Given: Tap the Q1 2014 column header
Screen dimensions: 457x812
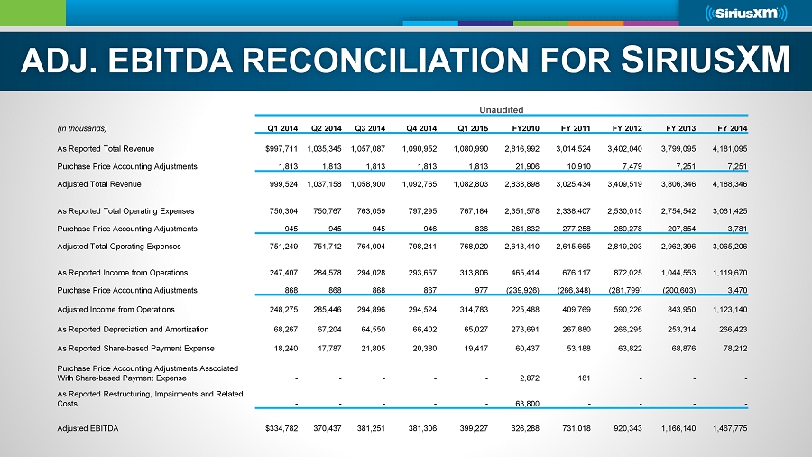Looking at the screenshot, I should pos(276,127).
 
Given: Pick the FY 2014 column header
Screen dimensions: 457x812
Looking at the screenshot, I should pos(730,127).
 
